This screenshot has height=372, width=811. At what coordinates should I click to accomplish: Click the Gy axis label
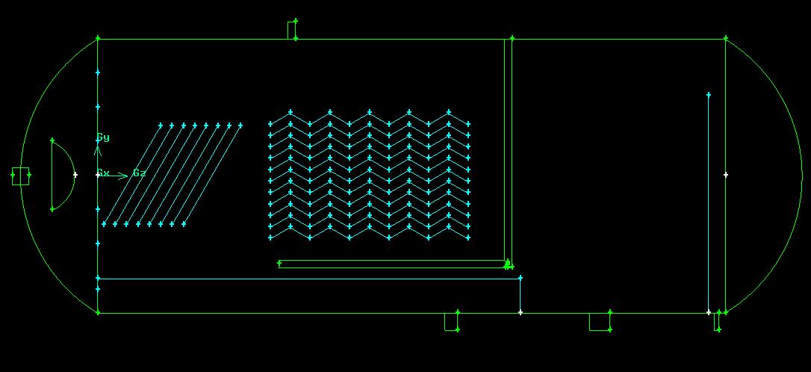point(103,137)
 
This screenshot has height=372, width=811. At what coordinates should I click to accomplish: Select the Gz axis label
point(139,173)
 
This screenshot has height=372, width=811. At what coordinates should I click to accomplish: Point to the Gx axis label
point(104,173)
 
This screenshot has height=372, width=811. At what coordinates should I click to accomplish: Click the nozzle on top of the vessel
point(292,30)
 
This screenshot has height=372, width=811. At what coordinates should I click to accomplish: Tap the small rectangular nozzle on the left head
point(21,176)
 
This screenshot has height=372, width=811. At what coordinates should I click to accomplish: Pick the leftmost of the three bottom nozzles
point(451,321)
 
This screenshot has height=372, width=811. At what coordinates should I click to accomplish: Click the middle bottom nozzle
point(600,321)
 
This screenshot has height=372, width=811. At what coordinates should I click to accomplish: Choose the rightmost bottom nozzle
point(717,321)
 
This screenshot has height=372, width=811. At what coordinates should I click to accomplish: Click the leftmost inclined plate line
point(132,175)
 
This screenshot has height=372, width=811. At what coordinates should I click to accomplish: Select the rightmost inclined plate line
point(212,175)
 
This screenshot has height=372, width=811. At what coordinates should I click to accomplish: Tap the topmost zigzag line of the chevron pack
point(369,118)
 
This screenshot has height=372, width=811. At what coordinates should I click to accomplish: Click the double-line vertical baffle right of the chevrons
point(509,149)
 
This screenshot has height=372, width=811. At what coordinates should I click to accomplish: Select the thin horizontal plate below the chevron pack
point(392,264)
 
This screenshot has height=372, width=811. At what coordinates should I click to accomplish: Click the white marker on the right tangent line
point(726,175)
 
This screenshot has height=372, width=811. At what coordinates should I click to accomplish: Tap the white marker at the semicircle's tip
point(75,175)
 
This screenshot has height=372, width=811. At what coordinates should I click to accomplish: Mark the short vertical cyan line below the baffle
point(521,295)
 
